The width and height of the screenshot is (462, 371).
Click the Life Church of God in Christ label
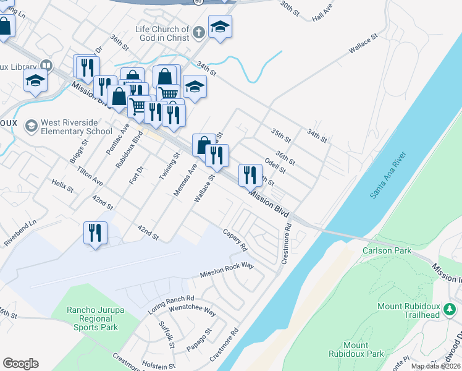(x=162, y=33)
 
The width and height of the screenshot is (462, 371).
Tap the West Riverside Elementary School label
(x=77, y=127)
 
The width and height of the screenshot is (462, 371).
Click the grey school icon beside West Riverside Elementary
(x=30, y=127)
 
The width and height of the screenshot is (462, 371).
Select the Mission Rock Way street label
(x=227, y=270)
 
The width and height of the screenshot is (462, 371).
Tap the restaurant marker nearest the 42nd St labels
(x=95, y=233)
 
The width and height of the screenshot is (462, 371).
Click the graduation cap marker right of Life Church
(x=220, y=27)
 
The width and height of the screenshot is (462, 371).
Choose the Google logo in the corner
(x=20, y=364)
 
